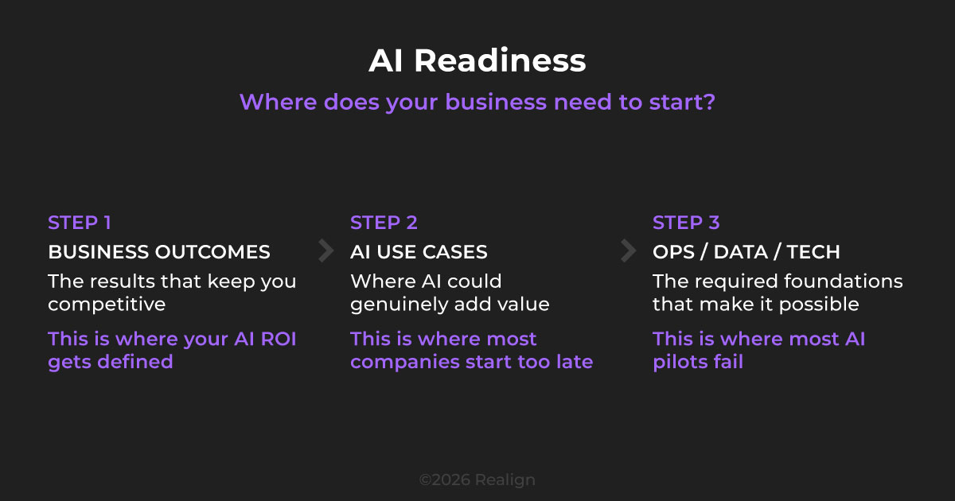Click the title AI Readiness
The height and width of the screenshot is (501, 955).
pos(477,61)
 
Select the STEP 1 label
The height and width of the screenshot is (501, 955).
pos(80,223)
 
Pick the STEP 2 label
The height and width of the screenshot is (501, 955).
pos(384,223)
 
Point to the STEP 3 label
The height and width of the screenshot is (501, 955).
pos(686,223)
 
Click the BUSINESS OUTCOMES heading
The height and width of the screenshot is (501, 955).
pos(159,252)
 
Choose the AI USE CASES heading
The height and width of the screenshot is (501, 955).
pos(419,252)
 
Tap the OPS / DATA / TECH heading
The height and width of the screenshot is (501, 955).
pos(746,252)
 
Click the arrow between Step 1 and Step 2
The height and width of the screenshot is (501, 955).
pos(325,251)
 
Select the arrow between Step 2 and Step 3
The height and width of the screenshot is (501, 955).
pos(628,251)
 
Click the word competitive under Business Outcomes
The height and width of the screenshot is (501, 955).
pos(107,305)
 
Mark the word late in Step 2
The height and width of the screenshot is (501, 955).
pos(575,362)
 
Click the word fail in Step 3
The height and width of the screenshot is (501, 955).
pos(728,362)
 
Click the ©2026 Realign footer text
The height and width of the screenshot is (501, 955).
pos(477,480)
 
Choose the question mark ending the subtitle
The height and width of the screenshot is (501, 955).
pos(708,103)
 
